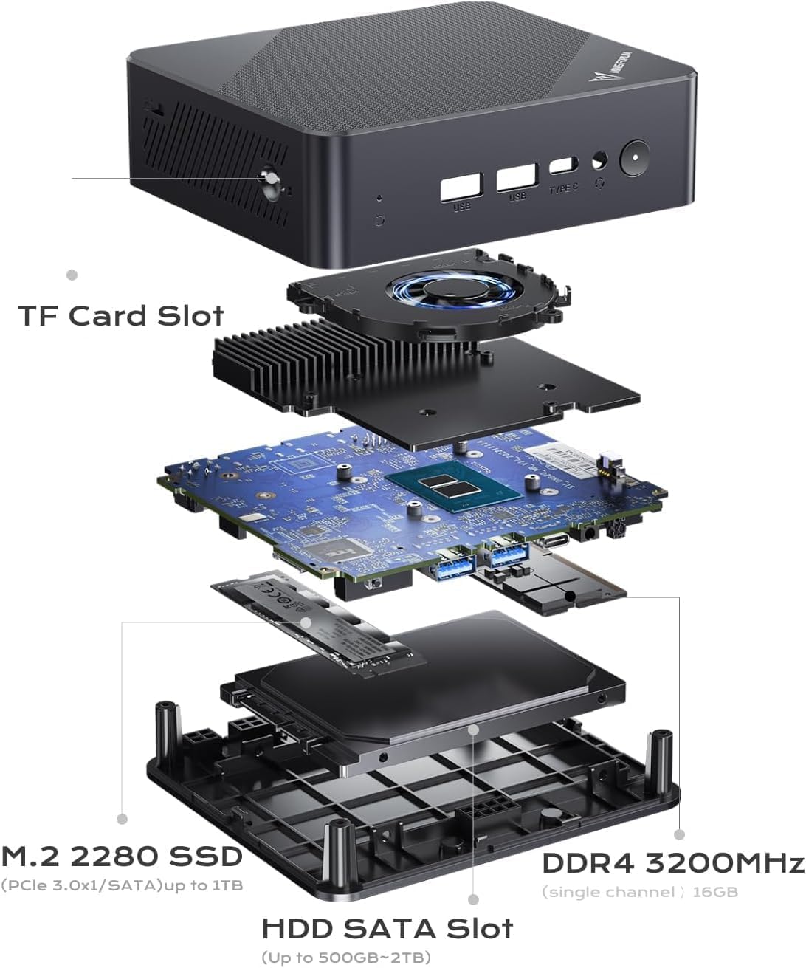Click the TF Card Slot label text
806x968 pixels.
click(121, 316)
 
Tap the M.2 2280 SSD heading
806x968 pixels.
click(122, 857)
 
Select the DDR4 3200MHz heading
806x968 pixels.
click(672, 863)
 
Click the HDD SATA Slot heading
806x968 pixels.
click(387, 928)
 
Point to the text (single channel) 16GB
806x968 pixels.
click(640, 892)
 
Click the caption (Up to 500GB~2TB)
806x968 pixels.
click(346, 958)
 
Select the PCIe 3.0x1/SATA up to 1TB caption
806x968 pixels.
click(122, 885)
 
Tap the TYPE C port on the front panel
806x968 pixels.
click(564, 166)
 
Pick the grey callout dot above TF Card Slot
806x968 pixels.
click(72, 274)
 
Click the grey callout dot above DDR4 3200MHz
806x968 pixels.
click(679, 834)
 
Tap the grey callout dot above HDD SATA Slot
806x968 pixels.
click(473, 899)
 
